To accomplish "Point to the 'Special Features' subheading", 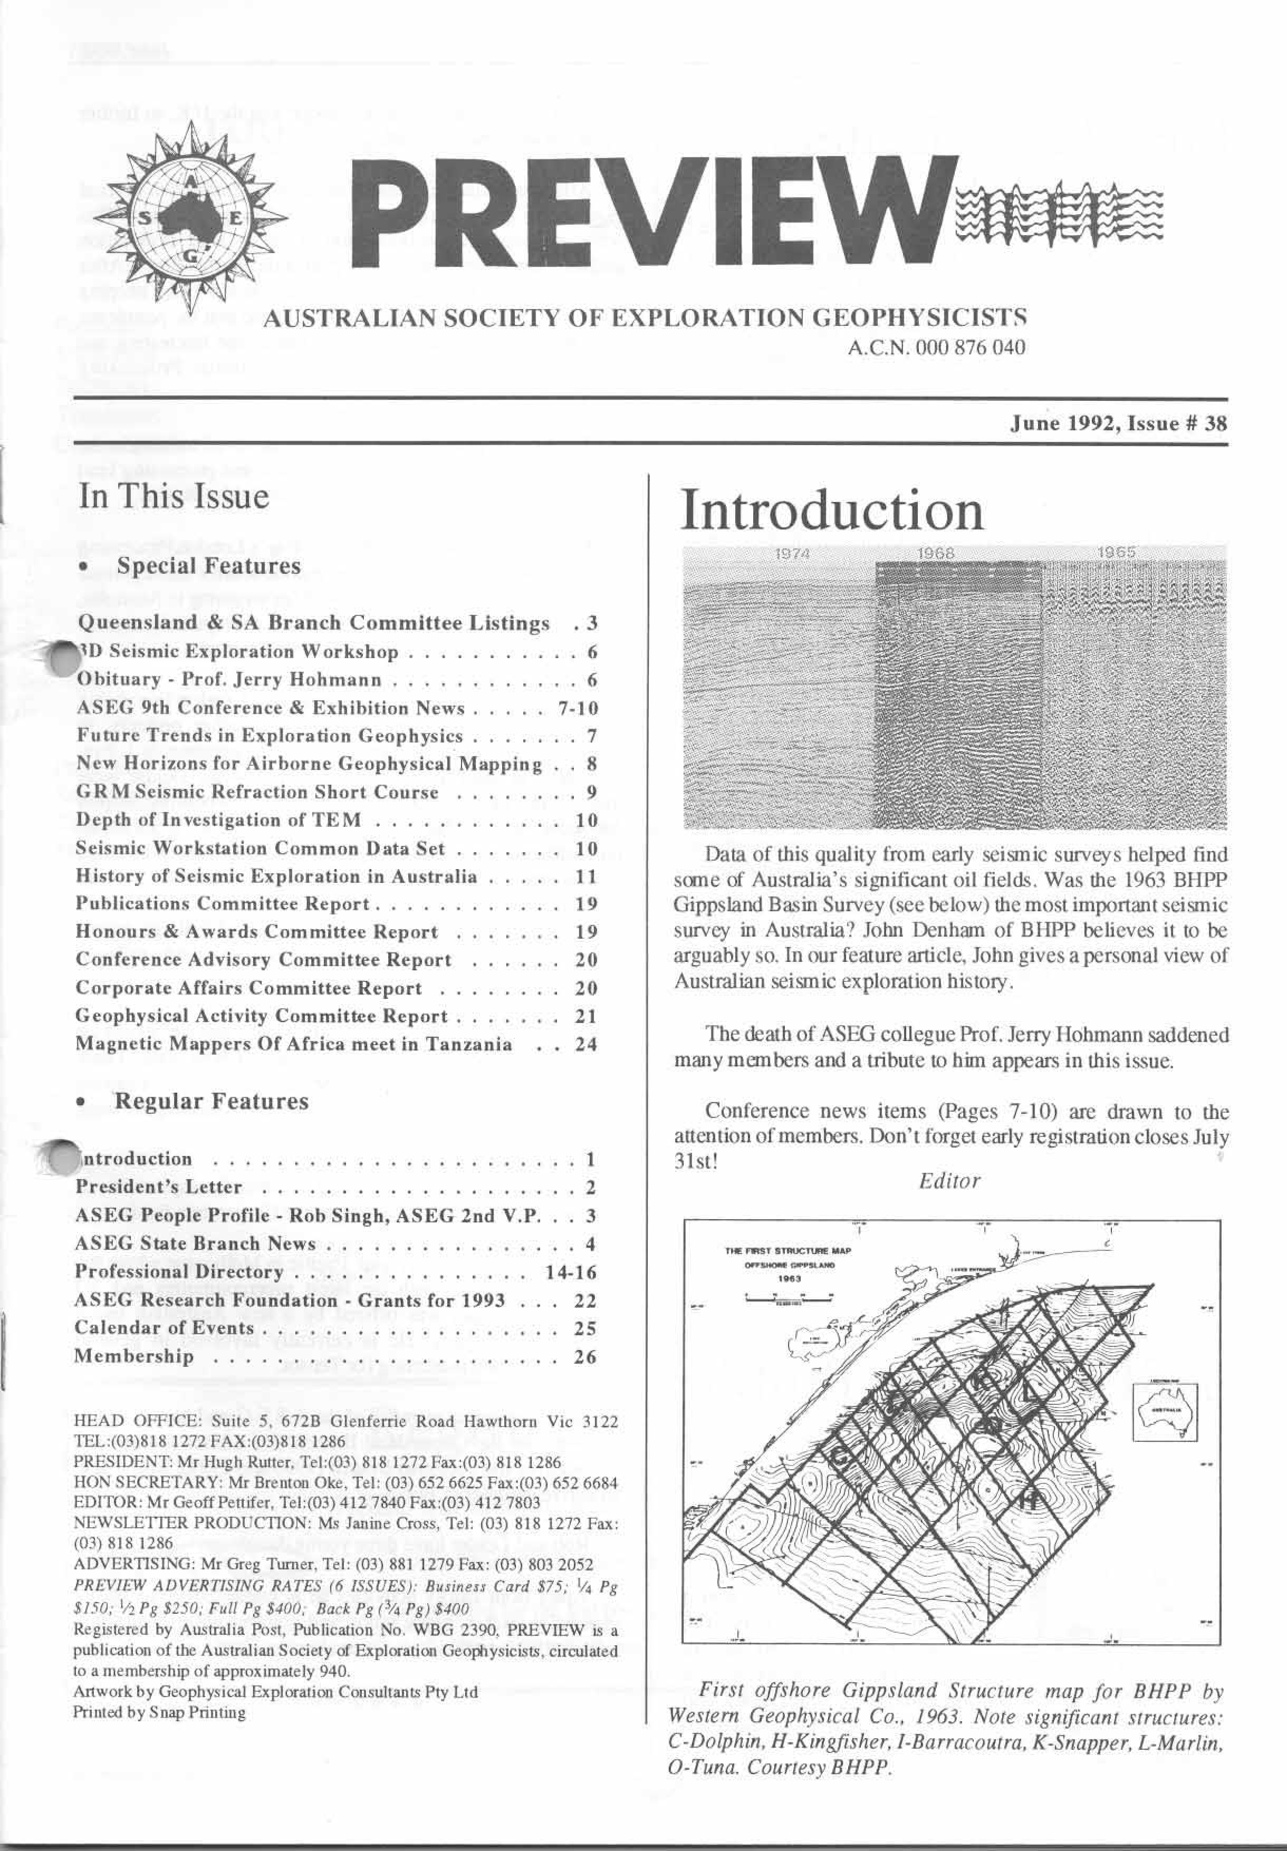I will [x=208, y=566].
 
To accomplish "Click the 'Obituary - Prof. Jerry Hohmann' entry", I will [x=229, y=680].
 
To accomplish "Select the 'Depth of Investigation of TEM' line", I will [x=218, y=821].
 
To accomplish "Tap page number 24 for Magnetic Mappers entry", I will [x=585, y=1045].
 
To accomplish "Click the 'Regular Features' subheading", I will [x=212, y=1101].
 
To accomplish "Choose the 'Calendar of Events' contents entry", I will [x=165, y=1328].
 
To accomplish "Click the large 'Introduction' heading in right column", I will [x=831, y=511].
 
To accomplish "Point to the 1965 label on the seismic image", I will [x=1117, y=553].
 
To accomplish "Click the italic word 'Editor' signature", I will [x=949, y=1182].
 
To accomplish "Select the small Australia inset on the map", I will [x=1166, y=1411].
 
